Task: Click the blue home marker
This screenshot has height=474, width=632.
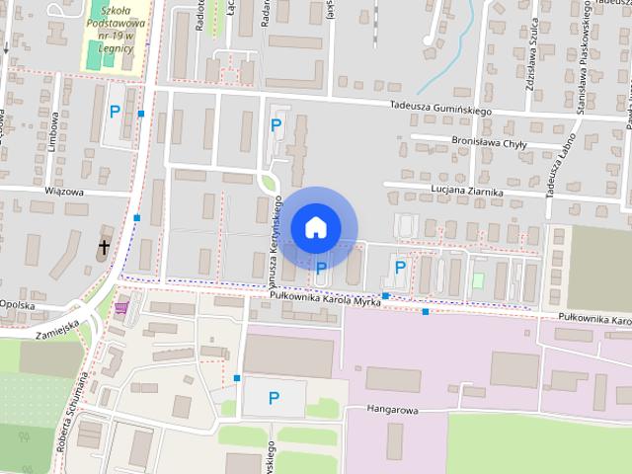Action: point(315,227)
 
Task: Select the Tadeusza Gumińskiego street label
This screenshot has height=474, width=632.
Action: point(439,111)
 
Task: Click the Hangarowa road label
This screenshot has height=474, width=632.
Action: point(394,407)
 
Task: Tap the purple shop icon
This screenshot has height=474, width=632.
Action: point(121,307)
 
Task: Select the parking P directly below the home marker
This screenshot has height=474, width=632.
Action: point(321,268)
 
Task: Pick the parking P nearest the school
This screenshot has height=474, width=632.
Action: point(115,112)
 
